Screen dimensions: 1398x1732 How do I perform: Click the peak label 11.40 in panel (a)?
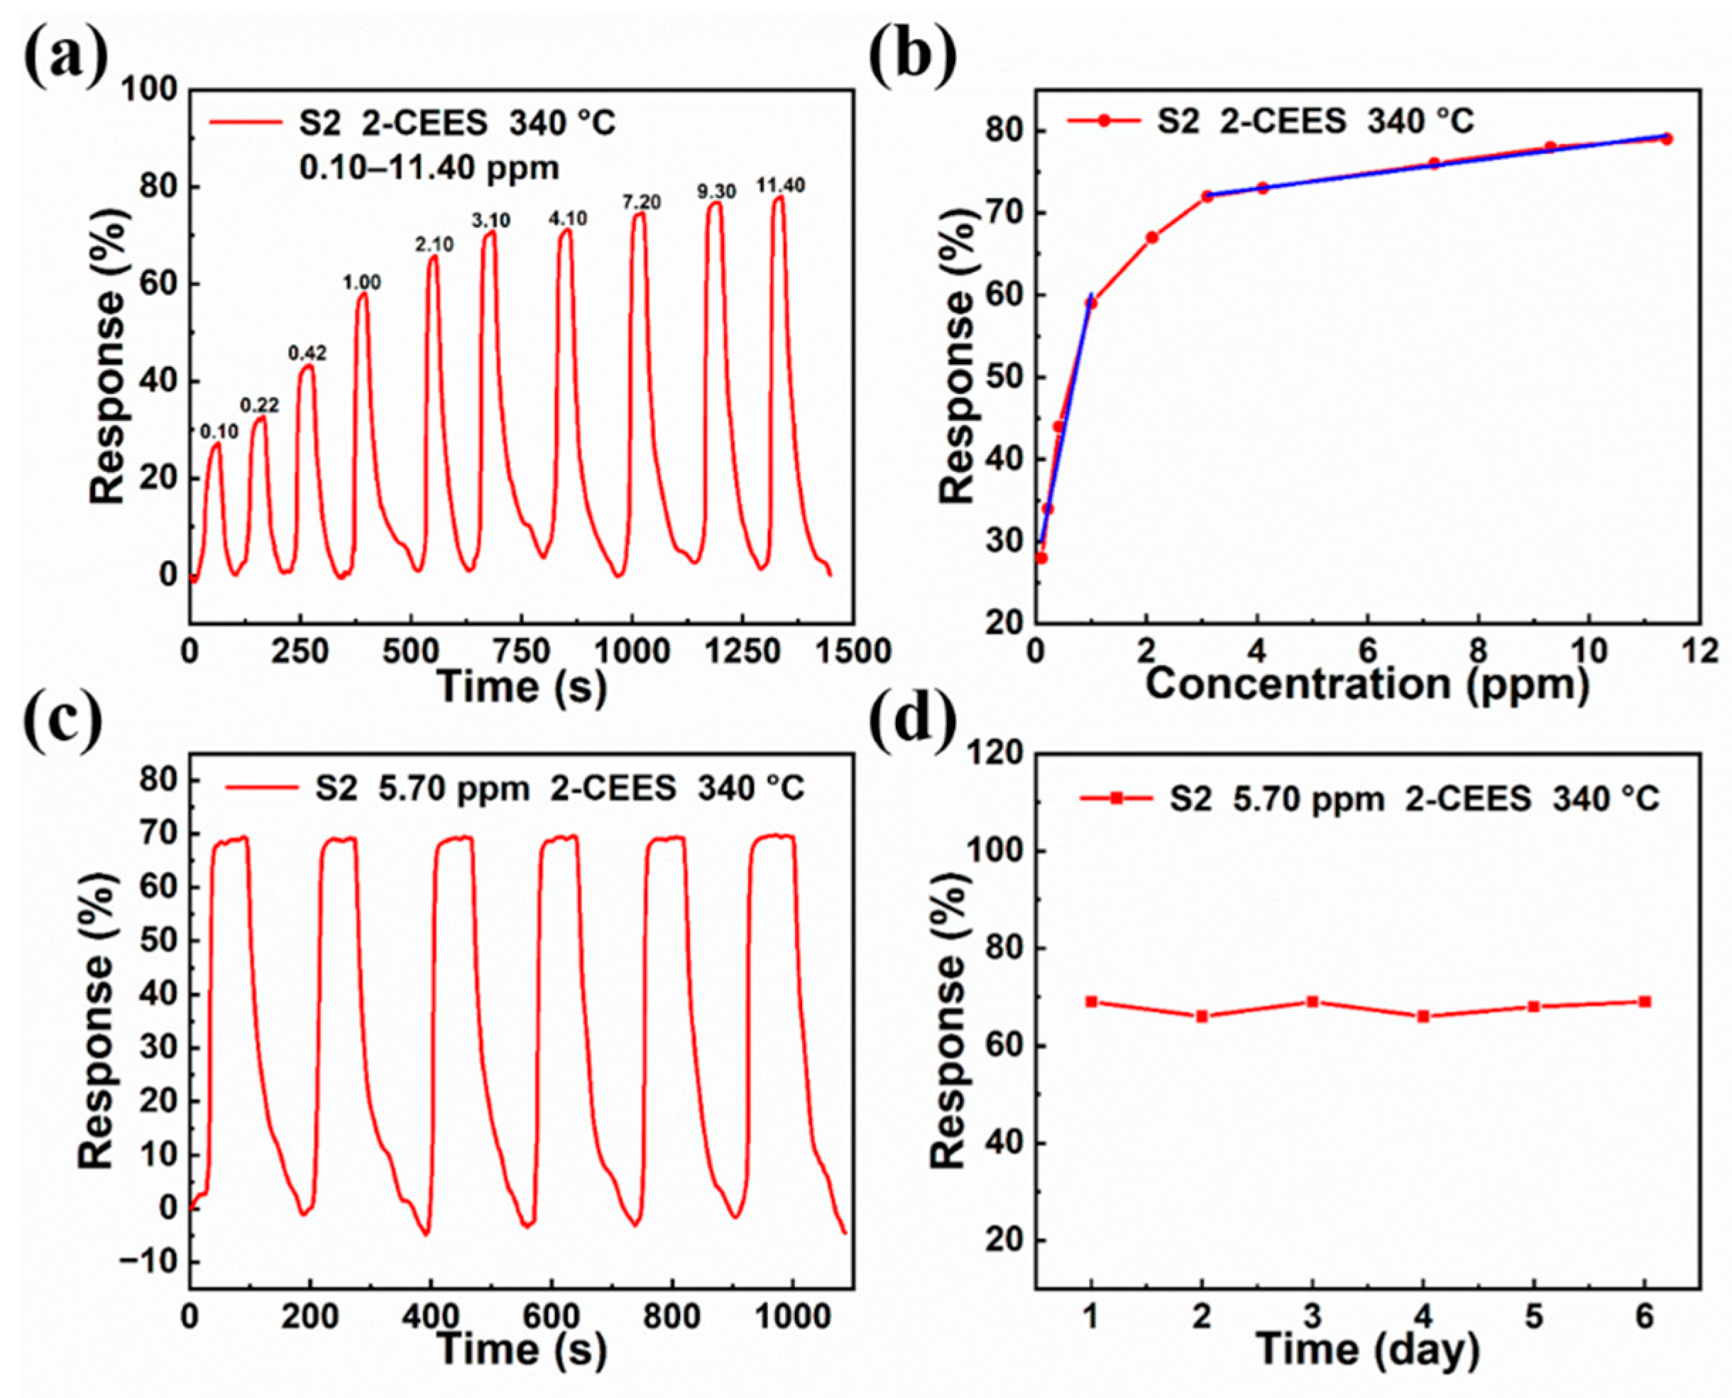[780, 186]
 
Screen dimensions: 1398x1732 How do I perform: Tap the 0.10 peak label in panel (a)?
[219, 431]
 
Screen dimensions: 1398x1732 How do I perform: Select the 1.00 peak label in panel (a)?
[362, 282]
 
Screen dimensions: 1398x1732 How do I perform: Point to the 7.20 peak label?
[641, 202]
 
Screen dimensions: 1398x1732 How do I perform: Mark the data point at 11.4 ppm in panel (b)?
[1667, 138]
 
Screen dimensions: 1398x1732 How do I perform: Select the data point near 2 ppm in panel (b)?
[1152, 238]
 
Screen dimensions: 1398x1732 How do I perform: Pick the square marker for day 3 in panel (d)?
[1312, 1002]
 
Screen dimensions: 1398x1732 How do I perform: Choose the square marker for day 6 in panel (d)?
[1645, 1002]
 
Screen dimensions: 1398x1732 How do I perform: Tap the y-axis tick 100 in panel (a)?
[150, 90]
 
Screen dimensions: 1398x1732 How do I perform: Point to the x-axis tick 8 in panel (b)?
[1479, 651]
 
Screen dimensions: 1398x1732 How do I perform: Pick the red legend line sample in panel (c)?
[261, 788]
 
